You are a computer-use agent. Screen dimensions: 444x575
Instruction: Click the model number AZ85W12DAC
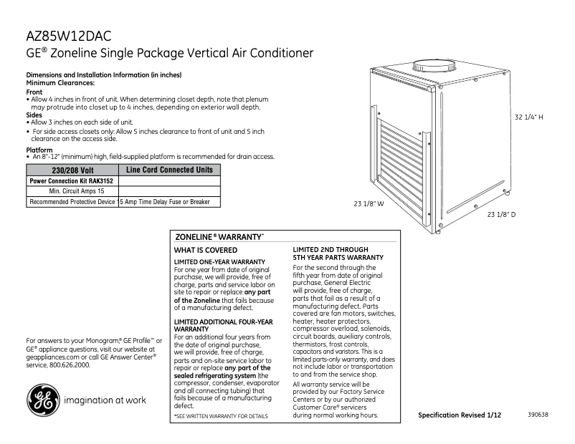[x=69, y=35]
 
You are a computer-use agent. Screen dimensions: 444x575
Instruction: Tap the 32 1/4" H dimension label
[x=533, y=117]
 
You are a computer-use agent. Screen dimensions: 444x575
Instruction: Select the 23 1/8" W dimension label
[x=369, y=204]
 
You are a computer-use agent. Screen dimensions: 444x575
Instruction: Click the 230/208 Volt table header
[x=73, y=170]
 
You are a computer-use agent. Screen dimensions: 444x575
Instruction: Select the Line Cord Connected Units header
[x=169, y=170]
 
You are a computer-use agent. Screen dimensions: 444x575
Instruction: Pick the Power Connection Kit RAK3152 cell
[x=72, y=181]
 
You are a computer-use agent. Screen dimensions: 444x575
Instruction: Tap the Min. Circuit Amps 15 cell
[x=72, y=192]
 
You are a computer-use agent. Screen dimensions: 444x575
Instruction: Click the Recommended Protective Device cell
[x=72, y=203]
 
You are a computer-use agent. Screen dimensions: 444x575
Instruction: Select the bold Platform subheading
[x=39, y=150]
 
